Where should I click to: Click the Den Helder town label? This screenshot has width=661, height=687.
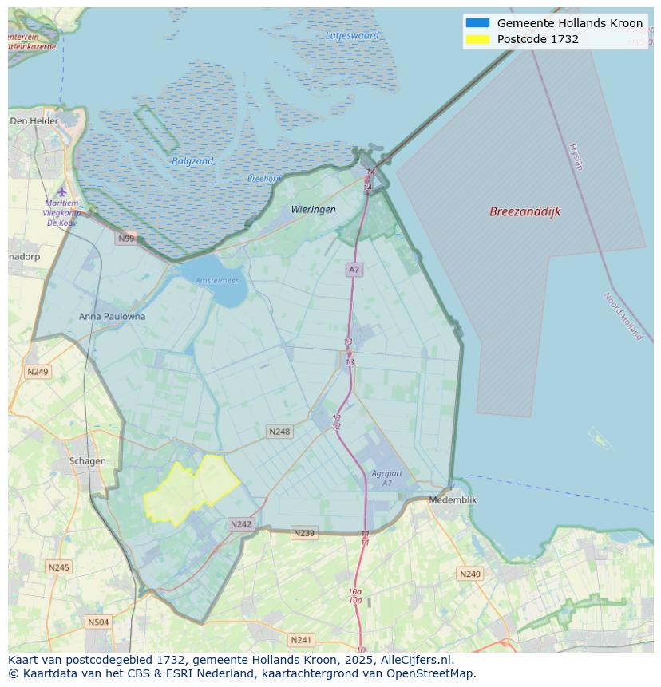pos(34,121)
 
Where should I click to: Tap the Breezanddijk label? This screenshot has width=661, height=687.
pos(524,211)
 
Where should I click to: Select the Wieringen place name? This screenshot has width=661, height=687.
pos(313,209)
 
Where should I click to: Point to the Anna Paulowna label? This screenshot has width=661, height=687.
pos(112,316)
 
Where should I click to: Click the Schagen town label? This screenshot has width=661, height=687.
pos(87,460)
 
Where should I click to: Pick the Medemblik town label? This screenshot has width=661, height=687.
pos(453,499)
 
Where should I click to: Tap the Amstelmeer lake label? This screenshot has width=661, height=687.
pos(217,280)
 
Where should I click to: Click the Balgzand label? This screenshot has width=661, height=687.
pos(192,161)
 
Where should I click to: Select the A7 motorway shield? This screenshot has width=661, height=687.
pos(354,270)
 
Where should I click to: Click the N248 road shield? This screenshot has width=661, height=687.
pos(279,432)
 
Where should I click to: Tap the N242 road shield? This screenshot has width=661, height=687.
pos(240,524)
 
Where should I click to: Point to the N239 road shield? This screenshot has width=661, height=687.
pos(303,533)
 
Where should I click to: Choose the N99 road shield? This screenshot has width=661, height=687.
pos(126,238)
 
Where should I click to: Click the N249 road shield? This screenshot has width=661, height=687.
pos(38,371)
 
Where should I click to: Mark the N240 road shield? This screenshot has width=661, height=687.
pos(470,574)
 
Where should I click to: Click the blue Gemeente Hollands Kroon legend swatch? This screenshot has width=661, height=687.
pos(477,23)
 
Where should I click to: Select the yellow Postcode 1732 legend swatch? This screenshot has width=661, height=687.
pos(477,39)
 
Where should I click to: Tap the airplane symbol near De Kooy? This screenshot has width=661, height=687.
pos(62,191)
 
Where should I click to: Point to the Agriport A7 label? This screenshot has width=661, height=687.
pos(387,478)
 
